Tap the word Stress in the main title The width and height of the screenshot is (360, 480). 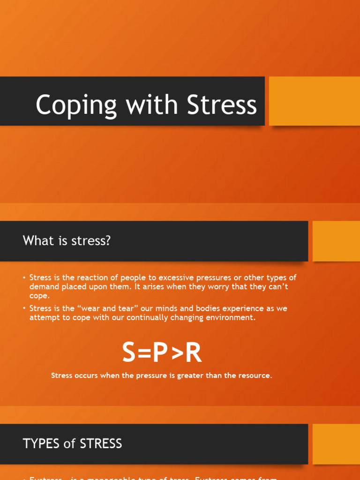click(222, 105)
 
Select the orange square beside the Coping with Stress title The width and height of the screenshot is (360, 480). click(314, 101)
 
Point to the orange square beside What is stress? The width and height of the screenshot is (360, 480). click(336, 241)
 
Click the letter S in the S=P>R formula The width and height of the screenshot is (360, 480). click(131, 352)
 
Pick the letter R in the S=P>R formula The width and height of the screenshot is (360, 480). click(193, 352)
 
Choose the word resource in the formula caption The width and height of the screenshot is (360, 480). click(255, 376)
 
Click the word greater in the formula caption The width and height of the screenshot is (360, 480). click(179, 376)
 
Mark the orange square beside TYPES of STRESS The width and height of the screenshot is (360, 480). click(336, 443)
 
